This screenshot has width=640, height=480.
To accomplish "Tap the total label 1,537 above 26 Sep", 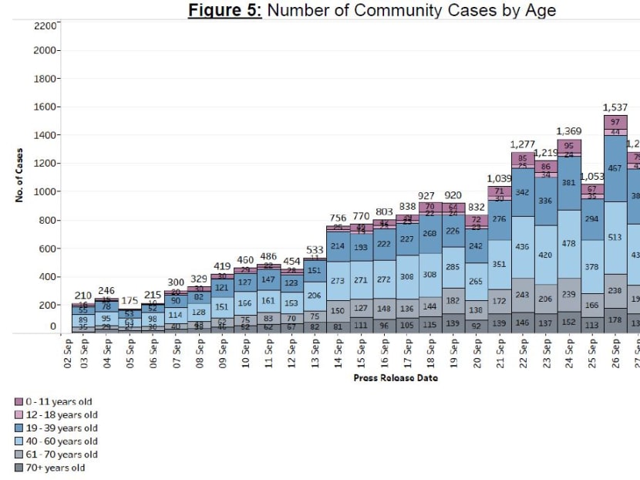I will (615, 107).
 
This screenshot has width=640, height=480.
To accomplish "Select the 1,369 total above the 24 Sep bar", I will (568, 131).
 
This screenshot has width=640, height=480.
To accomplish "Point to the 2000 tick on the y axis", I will (45, 50).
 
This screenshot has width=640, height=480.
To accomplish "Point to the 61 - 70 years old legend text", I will (62, 455).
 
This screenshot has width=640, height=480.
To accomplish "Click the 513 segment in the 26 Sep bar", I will (615, 238).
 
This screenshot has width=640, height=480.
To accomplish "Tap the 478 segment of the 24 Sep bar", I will (568, 244).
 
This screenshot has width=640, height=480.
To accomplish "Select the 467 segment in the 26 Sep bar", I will (615, 168).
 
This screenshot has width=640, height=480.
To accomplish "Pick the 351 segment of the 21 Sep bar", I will (500, 264).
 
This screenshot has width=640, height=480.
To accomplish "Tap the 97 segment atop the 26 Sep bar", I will (615, 122).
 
